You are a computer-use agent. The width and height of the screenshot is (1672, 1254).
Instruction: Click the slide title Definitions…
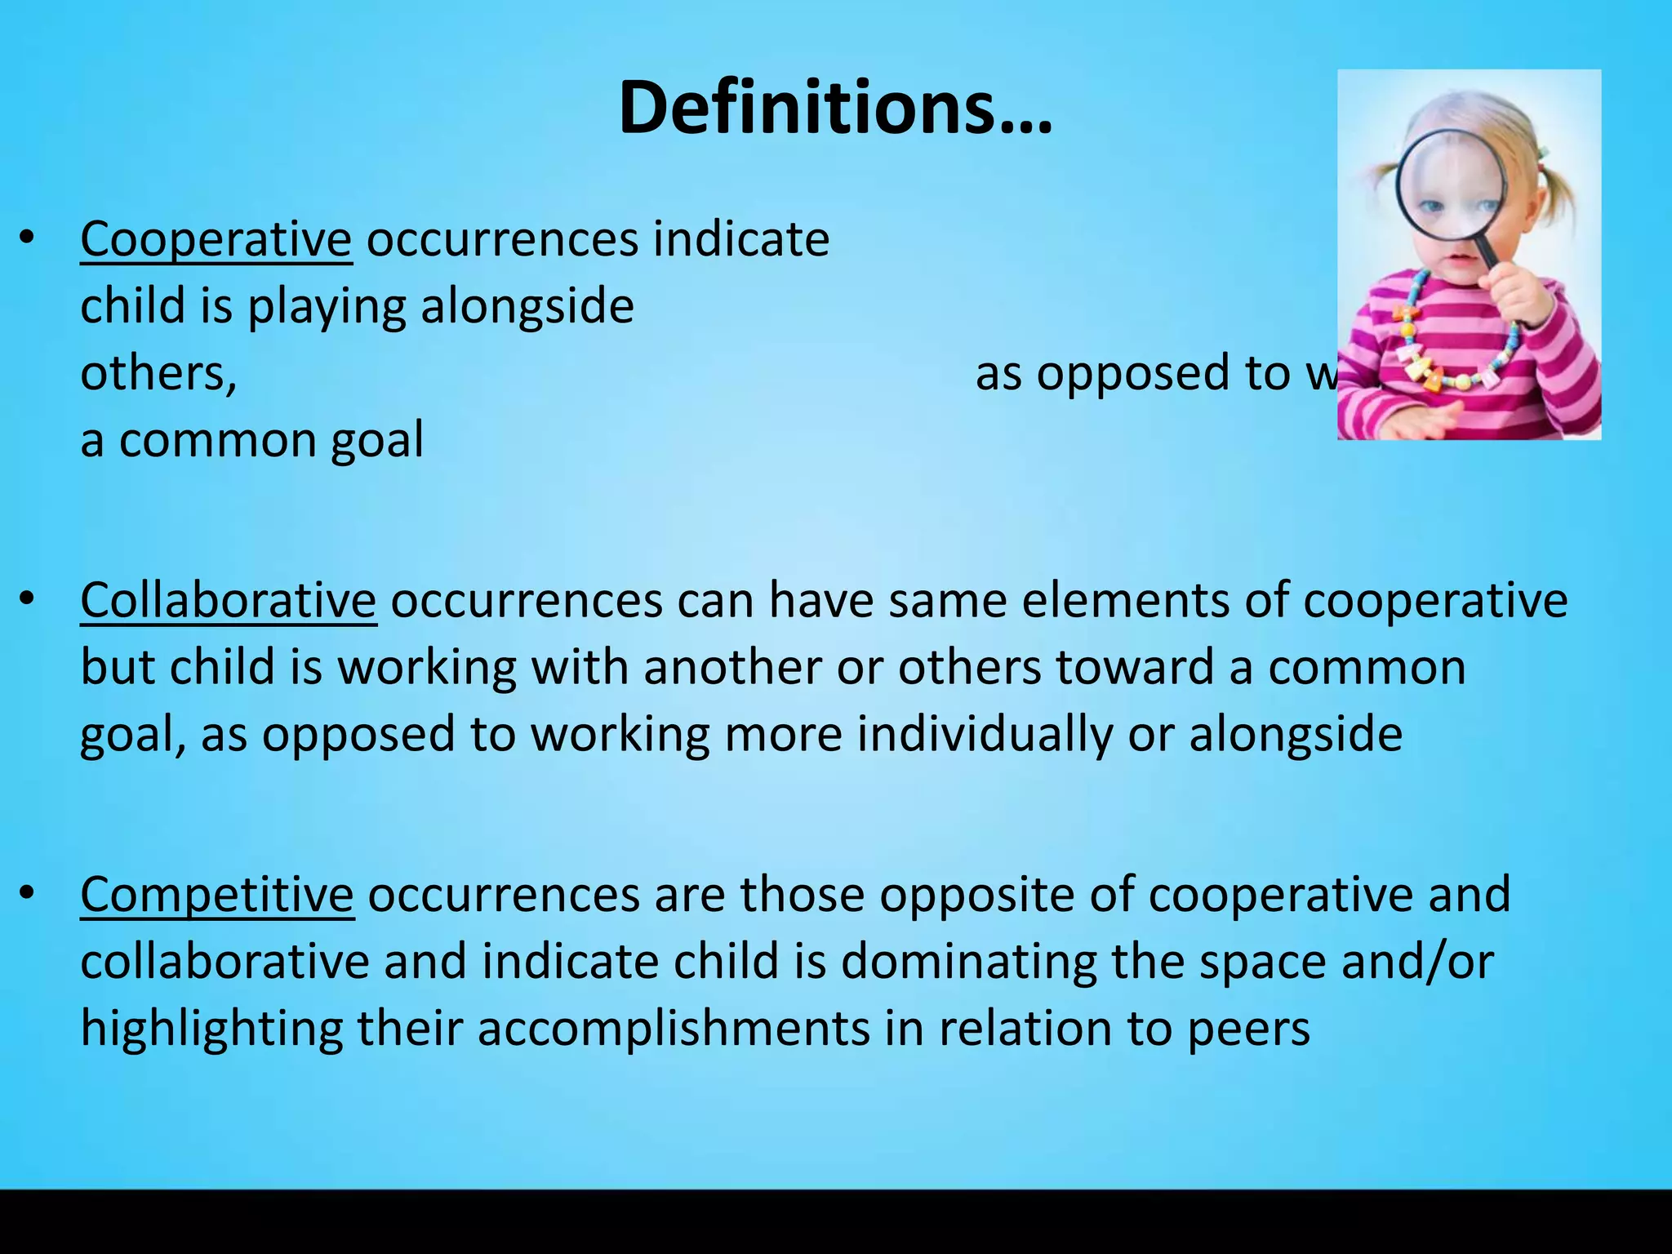coord(835,108)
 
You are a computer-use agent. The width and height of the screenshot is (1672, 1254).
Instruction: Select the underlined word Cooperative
coord(216,240)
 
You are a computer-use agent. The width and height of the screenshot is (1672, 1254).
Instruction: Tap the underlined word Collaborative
coord(228,601)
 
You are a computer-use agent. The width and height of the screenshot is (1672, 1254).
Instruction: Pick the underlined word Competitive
coord(216,895)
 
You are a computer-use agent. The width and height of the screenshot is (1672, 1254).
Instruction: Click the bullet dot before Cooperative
coord(27,238)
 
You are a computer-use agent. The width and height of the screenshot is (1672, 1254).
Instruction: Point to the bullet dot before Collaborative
coord(27,599)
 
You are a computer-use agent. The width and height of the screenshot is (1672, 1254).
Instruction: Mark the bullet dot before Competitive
coord(27,893)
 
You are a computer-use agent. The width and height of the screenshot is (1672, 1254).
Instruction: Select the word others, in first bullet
coord(158,374)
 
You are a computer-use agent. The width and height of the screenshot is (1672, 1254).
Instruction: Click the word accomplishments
coord(674,1029)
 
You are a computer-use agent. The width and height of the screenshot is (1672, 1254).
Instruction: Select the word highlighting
coord(211,1029)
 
